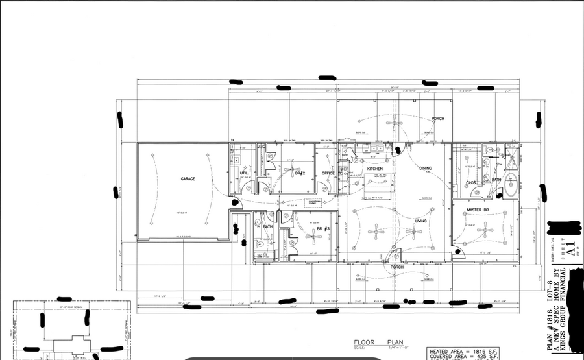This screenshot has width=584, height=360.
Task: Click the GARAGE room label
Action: [x=188, y=179]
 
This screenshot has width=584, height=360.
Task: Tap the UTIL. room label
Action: [x=244, y=173]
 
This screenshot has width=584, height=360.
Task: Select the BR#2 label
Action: [x=299, y=173]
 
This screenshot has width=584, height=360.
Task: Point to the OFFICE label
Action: [x=328, y=173]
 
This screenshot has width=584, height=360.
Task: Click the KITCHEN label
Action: [x=375, y=169]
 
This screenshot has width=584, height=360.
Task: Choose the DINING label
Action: [x=425, y=169]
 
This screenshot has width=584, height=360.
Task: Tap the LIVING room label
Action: [x=420, y=221]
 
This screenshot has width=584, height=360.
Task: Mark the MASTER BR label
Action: [x=478, y=210]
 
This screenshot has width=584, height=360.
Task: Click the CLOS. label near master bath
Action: [x=472, y=183]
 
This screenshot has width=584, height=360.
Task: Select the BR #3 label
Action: [x=323, y=229]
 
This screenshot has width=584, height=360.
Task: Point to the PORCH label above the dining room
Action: [x=438, y=119]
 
